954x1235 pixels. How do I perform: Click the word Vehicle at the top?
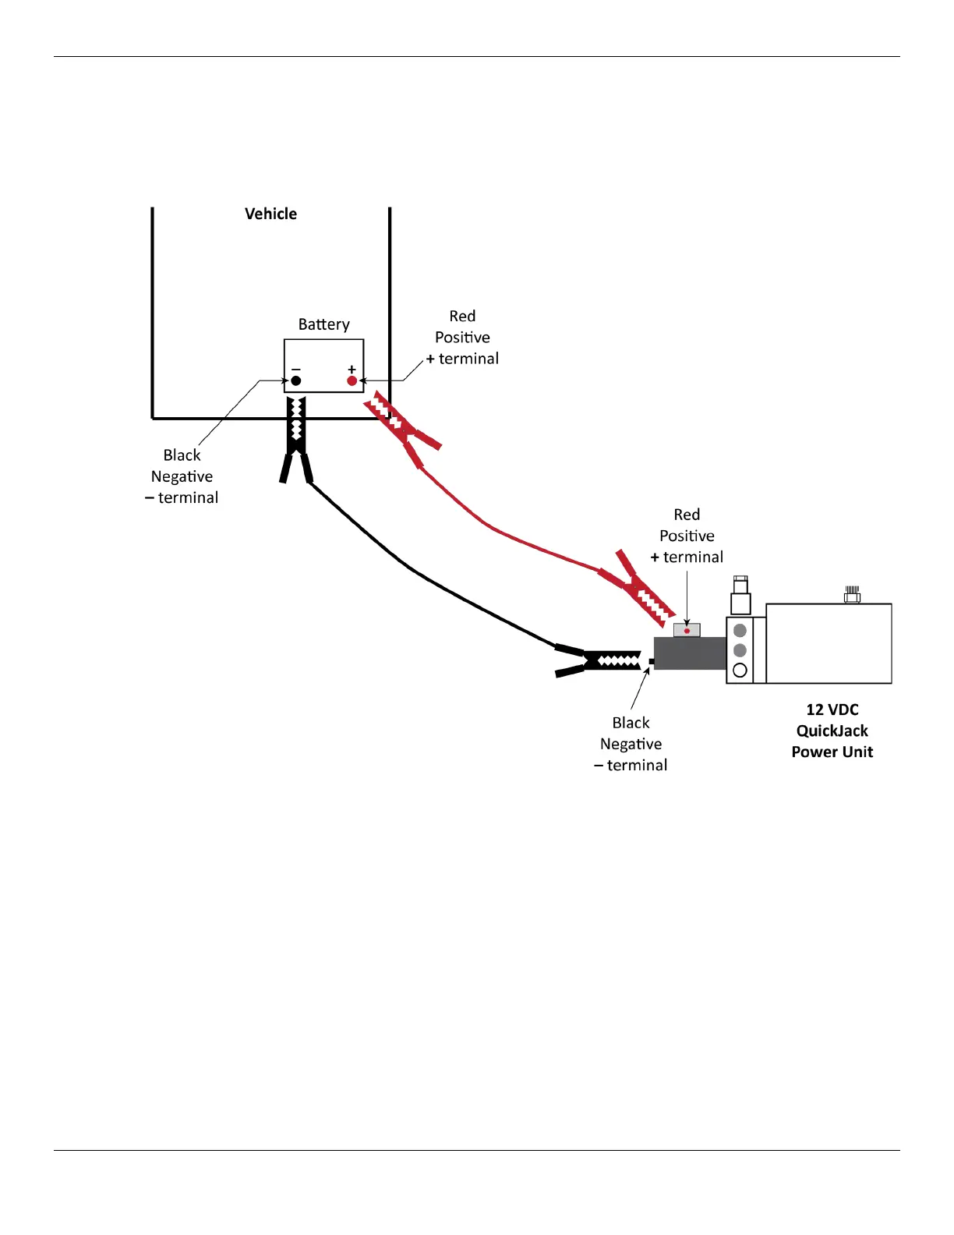tap(270, 214)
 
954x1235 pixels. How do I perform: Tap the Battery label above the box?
tap(323, 324)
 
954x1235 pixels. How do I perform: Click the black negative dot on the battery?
tap(296, 380)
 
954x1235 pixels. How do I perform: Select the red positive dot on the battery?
tap(352, 380)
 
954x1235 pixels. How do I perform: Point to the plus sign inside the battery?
tap(352, 369)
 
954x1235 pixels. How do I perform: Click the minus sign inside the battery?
tap(296, 369)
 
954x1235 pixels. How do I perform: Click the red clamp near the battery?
tap(401, 429)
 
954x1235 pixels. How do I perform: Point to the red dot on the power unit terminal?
tap(687, 631)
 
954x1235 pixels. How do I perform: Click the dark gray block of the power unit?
tap(689, 653)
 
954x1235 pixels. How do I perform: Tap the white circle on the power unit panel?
tap(740, 670)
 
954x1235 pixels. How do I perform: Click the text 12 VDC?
tap(832, 710)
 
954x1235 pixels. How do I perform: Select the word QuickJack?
tap(832, 731)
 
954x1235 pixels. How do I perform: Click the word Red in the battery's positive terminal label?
tap(462, 316)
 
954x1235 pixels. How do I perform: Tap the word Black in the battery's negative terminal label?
tap(182, 455)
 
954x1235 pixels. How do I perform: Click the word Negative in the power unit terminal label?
tap(631, 744)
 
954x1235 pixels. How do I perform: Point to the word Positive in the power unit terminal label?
tap(687, 536)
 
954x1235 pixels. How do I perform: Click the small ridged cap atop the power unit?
tap(852, 595)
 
